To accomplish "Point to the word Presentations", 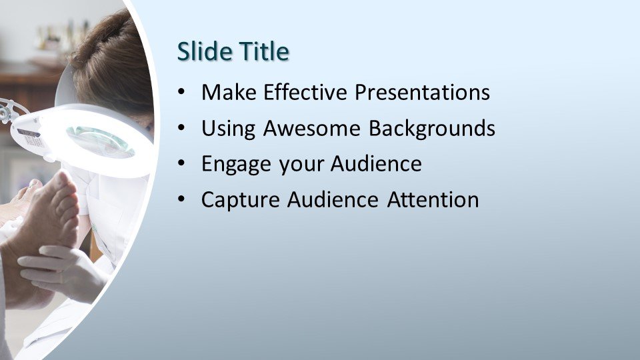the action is [x=422, y=92].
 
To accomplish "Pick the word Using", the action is [x=229, y=129].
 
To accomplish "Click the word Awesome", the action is [x=312, y=128].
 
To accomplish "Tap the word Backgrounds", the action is [x=432, y=129].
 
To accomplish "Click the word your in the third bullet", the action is [x=301, y=166].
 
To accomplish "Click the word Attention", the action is [x=433, y=199].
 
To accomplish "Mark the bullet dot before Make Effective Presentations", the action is [x=181, y=92].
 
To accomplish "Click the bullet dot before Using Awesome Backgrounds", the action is [x=181, y=128].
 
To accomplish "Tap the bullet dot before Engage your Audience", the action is [x=181, y=164].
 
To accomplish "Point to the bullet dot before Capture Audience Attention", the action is [x=181, y=199].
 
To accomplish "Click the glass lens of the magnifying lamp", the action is [x=100, y=141].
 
